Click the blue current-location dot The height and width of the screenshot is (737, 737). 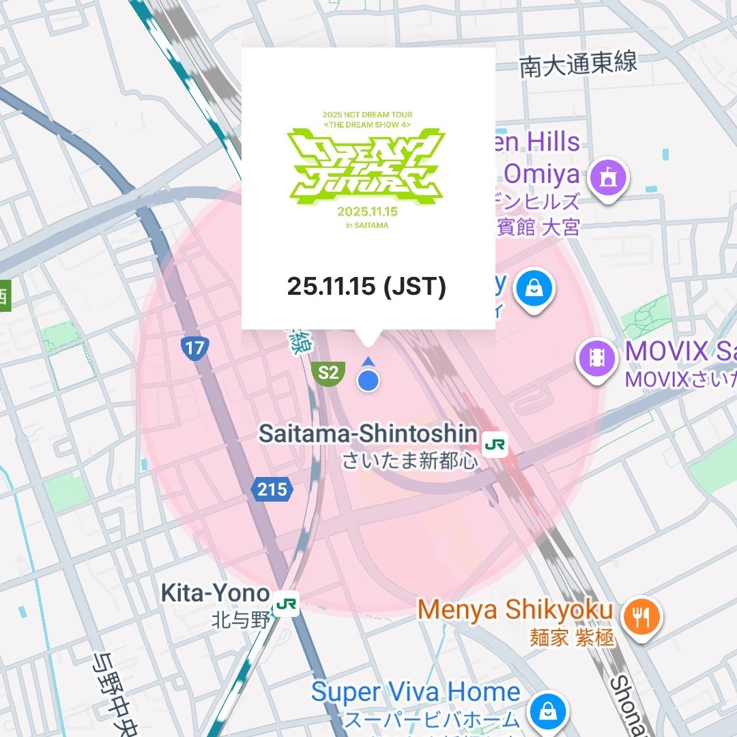point(369,381)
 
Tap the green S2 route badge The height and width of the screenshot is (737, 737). point(328,373)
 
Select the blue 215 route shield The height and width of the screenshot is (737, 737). point(272,489)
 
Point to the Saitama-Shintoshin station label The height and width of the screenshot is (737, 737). point(368,434)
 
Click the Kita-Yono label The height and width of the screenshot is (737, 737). point(215,593)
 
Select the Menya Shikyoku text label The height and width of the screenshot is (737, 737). point(515,610)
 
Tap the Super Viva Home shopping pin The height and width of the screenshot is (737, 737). point(547,711)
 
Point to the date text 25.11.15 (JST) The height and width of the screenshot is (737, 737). point(366,287)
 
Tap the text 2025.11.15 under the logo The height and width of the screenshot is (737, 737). point(366,212)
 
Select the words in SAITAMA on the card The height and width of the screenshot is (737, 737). point(366,226)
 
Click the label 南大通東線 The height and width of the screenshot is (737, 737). point(578,64)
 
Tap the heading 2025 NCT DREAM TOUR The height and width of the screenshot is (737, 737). point(366,115)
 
